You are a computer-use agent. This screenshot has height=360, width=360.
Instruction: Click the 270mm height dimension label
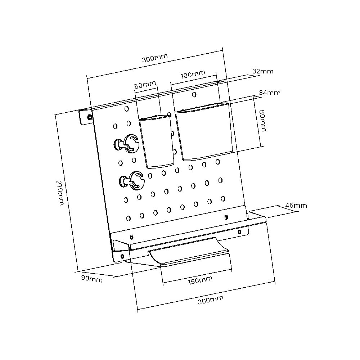(x=60, y=193)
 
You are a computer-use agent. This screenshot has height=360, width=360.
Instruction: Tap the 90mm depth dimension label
(x=92, y=279)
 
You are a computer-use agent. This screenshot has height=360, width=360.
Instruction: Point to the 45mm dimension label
(x=296, y=205)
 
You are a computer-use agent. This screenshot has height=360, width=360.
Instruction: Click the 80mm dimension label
(x=262, y=121)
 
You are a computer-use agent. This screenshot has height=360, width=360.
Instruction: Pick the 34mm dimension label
(x=270, y=93)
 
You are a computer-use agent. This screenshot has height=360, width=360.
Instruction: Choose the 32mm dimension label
(x=263, y=71)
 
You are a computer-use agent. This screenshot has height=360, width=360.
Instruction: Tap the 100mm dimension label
(x=193, y=75)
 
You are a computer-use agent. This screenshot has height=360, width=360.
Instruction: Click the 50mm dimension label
(x=145, y=85)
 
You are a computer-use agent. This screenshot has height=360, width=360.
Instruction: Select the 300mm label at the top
(x=155, y=58)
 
